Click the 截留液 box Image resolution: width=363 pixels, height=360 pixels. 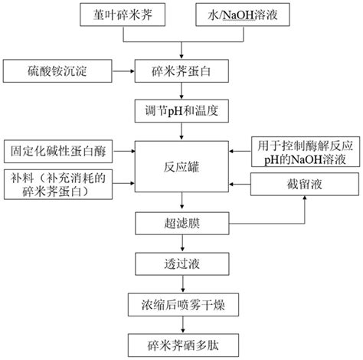(x=305, y=185)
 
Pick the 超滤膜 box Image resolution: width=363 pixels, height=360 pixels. (x=181, y=224)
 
